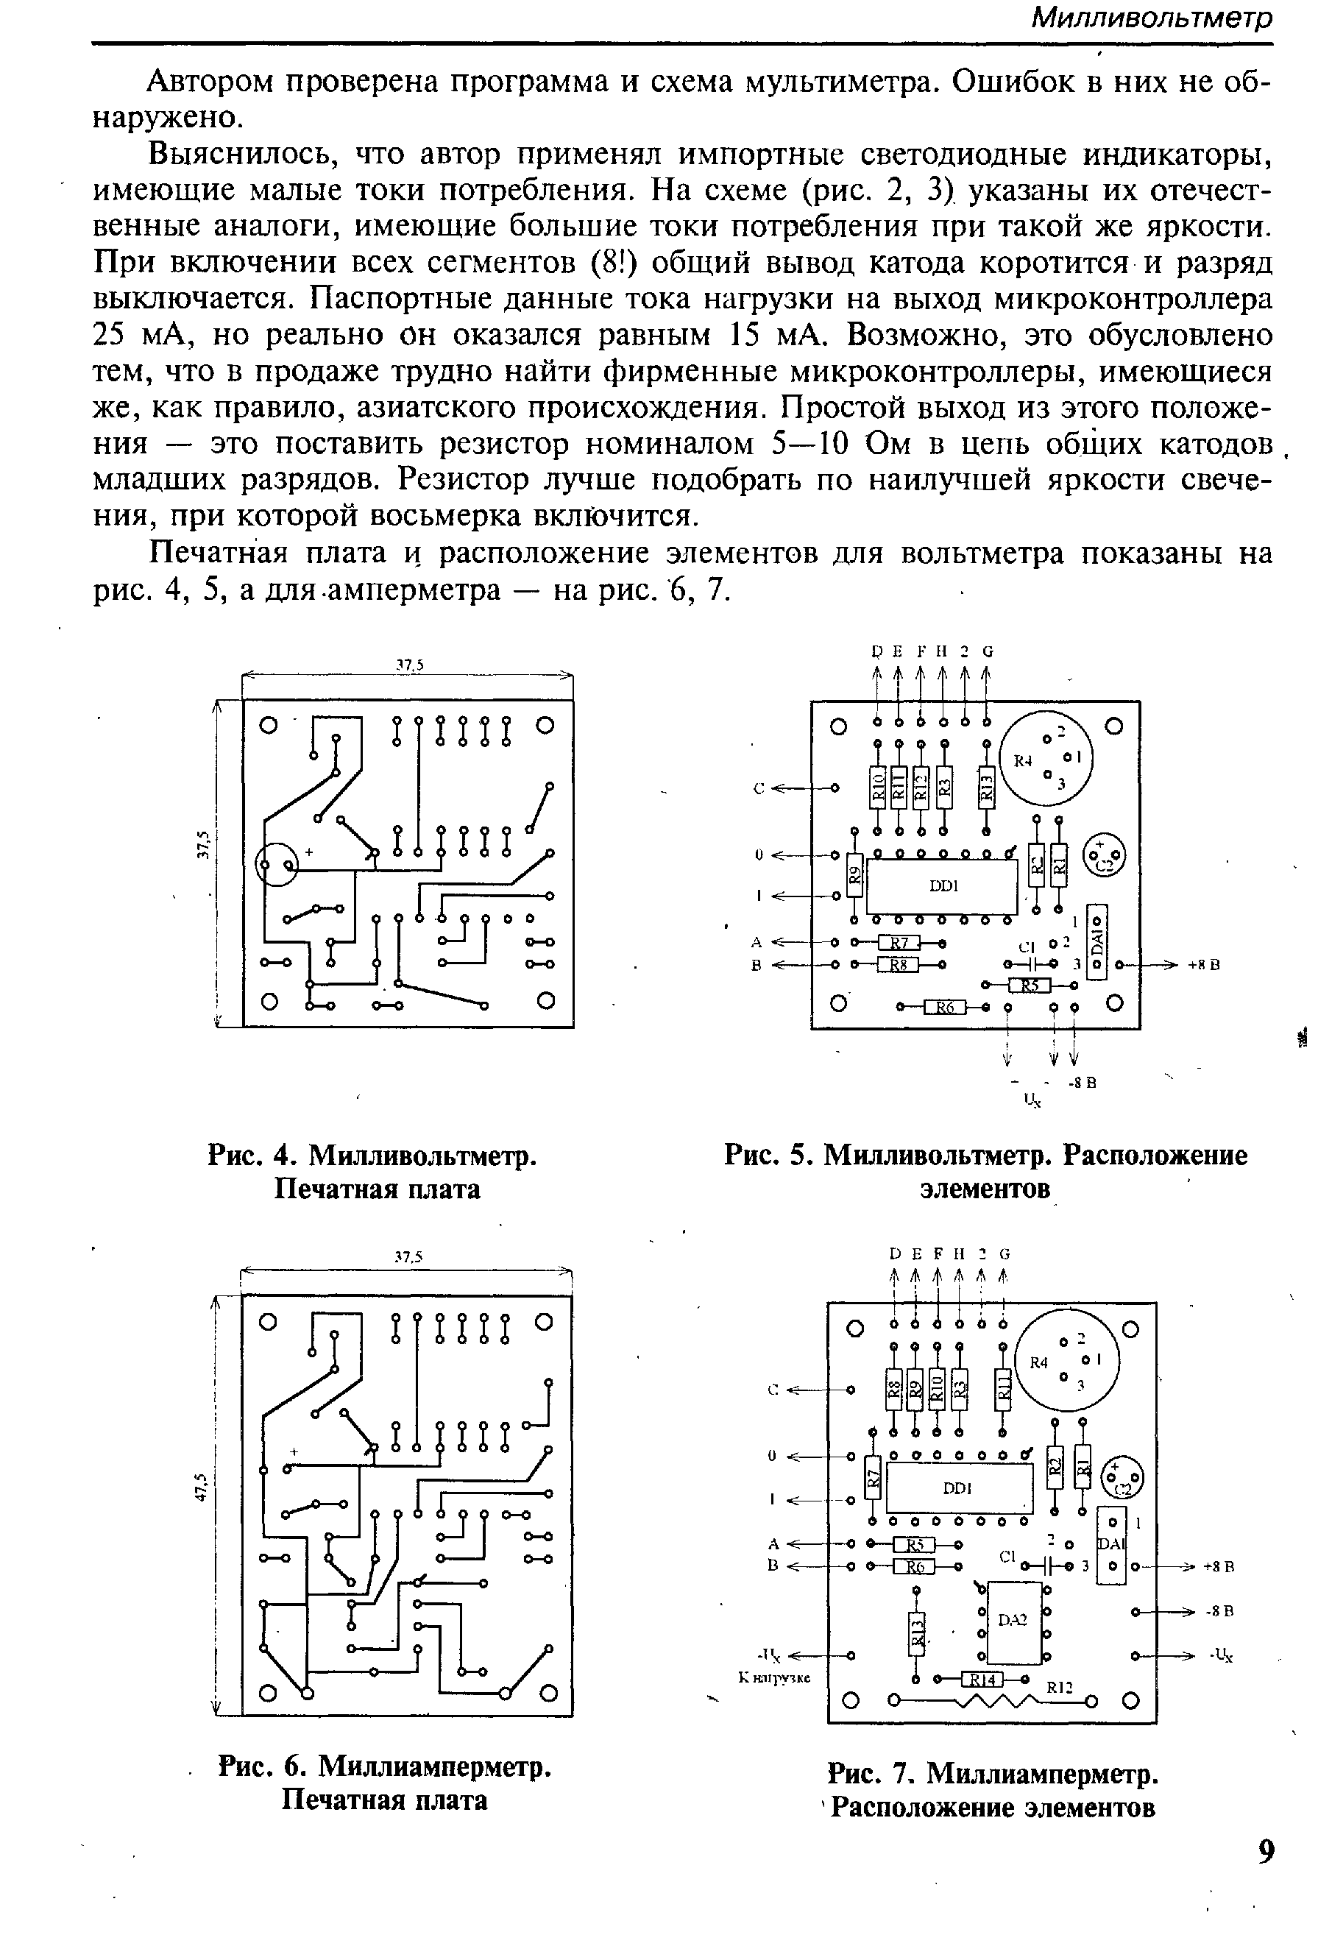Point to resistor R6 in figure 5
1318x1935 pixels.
tap(944, 1008)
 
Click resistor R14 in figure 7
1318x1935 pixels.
tap(983, 1679)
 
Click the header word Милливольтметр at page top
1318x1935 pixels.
tap(1152, 19)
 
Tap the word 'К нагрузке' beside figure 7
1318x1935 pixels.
tap(774, 1677)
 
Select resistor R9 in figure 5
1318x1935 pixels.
tap(854, 874)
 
